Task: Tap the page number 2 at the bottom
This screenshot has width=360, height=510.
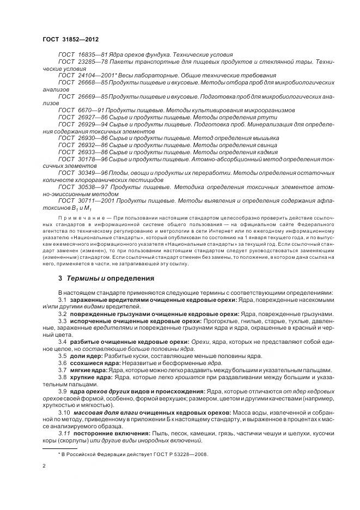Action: click(44, 466)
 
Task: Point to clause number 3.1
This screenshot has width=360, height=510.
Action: click(62, 300)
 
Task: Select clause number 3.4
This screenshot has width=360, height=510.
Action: click(62, 341)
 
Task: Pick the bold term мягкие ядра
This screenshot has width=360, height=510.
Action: click(87, 370)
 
